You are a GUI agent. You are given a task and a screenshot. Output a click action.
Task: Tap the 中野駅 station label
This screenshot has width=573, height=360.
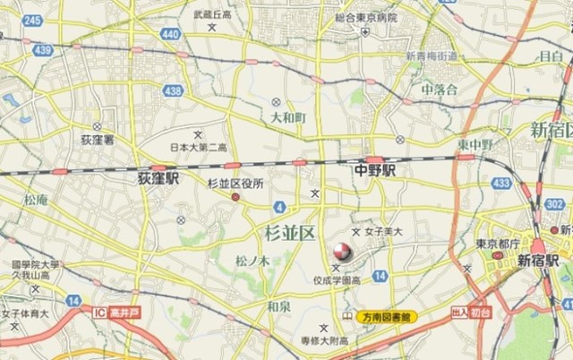(x=375, y=169)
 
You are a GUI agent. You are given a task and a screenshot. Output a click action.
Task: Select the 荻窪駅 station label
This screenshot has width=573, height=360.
(x=158, y=178)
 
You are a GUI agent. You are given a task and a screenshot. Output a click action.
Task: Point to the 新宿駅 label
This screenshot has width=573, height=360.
(x=537, y=260)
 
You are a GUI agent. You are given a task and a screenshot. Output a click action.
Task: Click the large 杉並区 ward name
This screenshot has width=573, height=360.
(x=291, y=233)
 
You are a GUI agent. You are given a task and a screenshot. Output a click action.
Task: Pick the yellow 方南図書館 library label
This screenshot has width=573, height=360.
(x=387, y=317)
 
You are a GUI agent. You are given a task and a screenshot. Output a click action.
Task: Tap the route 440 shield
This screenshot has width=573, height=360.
(x=171, y=34)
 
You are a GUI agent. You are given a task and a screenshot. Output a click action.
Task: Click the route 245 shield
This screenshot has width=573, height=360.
(x=33, y=20)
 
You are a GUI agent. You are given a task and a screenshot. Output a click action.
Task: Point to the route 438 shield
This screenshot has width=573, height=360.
(x=174, y=90)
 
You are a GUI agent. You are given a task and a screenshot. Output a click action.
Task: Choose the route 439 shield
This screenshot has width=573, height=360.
(x=41, y=50)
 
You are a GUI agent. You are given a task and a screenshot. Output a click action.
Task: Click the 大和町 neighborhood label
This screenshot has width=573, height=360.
(x=288, y=117)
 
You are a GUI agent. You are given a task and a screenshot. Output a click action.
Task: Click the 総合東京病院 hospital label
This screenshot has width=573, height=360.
(x=364, y=15)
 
